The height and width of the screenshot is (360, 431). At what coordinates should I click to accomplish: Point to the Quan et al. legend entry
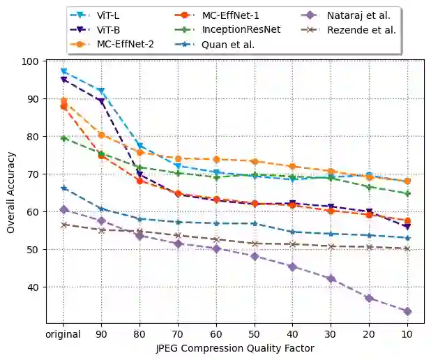tap(227, 44)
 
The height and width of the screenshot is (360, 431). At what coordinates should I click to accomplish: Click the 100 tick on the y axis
tap(30, 61)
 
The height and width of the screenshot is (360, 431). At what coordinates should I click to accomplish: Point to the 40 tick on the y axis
tap(32, 287)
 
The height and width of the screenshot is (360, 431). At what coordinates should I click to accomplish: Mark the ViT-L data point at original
tap(63, 71)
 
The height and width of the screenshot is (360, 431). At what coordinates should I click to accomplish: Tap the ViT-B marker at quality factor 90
tap(101, 102)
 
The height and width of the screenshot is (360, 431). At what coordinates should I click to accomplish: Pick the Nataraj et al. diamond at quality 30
tap(331, 279)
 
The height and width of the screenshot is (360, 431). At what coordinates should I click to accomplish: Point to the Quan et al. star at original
tap(63, 188)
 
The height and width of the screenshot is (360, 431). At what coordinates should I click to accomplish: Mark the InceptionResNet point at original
tap(63, 138)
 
